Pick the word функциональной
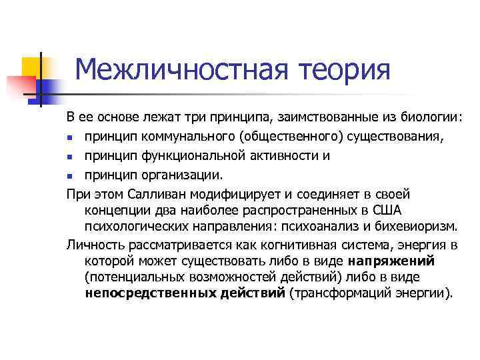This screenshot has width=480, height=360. point(176,156)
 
